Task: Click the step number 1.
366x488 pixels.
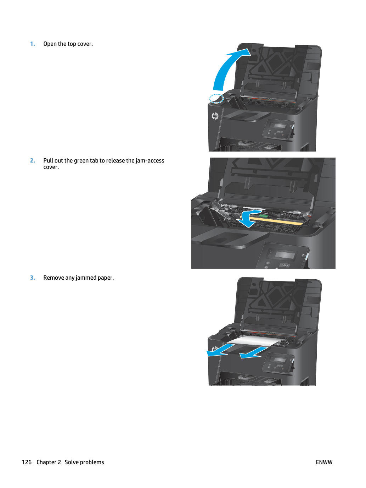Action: tap(32, 44)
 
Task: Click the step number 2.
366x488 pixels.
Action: tap(32, 160)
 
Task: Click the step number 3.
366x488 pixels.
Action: tap(32, 278)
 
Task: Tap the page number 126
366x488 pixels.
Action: tap(27, 462)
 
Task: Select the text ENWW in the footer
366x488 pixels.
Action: tap(324, 462)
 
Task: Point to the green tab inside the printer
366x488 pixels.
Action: tap(264, 215)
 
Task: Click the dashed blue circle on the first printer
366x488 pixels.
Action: tap(216, 99)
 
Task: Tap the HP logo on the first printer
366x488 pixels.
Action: tap(215, 116)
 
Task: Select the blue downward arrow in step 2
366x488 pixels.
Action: tap(250, 218)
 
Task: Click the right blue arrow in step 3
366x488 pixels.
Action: tap(253, 353)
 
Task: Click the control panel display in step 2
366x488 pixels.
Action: tap(285, 255)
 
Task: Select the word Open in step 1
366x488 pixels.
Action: tap(50, 44)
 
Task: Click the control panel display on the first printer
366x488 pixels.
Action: tap(280, 126)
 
